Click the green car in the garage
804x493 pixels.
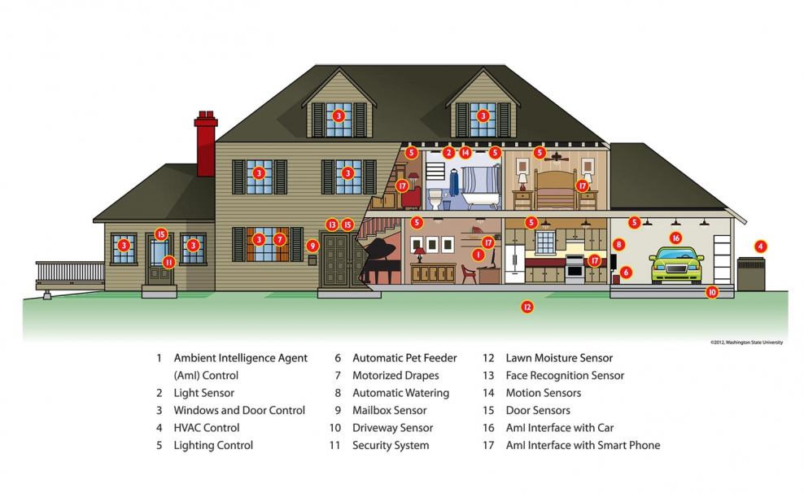coord(676,265)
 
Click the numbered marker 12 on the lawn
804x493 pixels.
coord(527,307)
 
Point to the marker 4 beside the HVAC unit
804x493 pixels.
coord(760,246)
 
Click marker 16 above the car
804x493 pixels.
coord(675,238)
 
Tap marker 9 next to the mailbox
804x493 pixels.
coord(312,245)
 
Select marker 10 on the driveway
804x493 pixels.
coord(712,291)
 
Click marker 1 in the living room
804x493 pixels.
coord(478,255)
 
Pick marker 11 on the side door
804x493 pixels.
coord(168,262)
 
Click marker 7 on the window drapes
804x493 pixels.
coord(279,239)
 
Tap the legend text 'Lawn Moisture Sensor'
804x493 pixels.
coord(559,358)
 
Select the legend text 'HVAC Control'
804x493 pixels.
coord(206,428)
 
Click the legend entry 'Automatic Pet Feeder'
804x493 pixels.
coord(404,358)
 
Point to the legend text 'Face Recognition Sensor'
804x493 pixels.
coord(565,376)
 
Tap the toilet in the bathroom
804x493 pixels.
coord(435,199)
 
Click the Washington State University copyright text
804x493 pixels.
coord(745,342)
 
